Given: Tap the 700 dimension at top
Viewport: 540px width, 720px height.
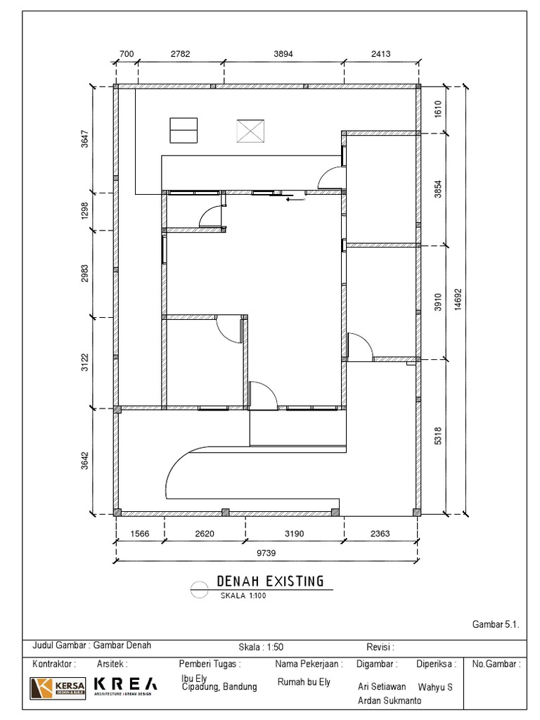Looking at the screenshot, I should pyautogui.click(x=127, y=53).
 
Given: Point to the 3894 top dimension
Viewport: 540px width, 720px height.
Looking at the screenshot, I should pyautogui.click(x=285, y=53).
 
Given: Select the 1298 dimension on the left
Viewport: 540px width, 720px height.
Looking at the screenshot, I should pyautogui.click(x=85, y=211).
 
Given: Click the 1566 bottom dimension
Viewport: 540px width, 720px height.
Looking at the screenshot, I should pyautogui.click(x=141, y=534).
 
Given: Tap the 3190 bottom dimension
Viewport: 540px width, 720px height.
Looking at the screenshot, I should pyautogui.click(x=294, y=534).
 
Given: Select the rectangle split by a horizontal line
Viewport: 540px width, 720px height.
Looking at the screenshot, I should pyautogui.click(x=184, y=130).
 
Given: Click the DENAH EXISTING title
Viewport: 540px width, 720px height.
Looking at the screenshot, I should pyautogui.click(x=271, y=581).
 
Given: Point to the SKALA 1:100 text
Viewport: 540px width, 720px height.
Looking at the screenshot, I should pyautogui.click(x=243, y=596).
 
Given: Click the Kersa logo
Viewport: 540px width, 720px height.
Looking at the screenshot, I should pyautogui.click(x=58, y=687).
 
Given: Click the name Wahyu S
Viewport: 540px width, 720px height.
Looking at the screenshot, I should pyautogui.click(x=435, y=687).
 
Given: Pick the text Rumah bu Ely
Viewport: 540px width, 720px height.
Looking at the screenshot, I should pyautogui.click(x=304, y=682).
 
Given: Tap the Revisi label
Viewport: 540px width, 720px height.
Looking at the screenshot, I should pyautogui.click(x=380, y=647).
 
